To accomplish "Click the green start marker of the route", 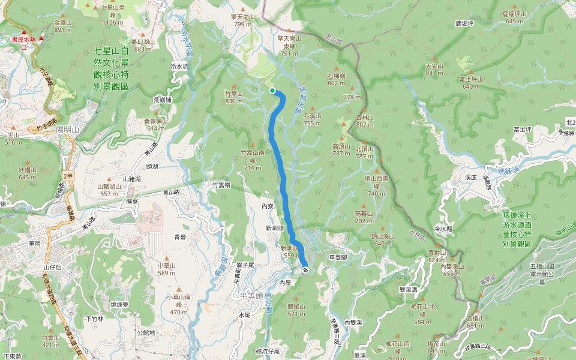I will click(272, 91).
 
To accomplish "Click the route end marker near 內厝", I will click(305, 270).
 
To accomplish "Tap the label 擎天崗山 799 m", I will click(243, 20).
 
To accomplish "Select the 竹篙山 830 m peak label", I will click(233, 97).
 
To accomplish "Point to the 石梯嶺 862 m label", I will click(336, 79).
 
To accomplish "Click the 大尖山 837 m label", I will click(434, 69).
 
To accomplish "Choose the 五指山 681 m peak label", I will click(475, 321).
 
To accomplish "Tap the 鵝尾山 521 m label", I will click(296, 310).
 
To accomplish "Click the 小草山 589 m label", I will click(166, 269).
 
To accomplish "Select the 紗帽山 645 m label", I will click(28, 173).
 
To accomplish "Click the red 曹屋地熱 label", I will click(24, 41).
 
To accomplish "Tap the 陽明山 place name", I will click(67, 129).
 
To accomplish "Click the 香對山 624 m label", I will click(437, 256).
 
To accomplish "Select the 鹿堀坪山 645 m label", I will click(515, 17).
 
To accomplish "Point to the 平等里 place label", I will click(247, 295).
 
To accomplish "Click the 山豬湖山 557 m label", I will click(109, 190).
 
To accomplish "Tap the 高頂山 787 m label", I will click(341, 149).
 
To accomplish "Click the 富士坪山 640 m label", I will click(472, 82).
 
